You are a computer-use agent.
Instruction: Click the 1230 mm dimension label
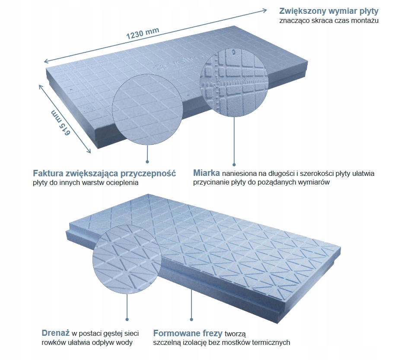143,33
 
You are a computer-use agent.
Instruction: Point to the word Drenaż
56,333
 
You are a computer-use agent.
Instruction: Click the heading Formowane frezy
188,333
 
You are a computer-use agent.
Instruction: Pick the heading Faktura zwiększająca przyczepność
104,174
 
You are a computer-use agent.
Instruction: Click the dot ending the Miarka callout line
234,164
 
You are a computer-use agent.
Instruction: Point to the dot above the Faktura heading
147,162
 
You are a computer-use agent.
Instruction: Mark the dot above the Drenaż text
127,319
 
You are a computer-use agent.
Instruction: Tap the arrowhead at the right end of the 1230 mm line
264,9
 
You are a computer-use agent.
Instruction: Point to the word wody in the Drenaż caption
124,343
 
